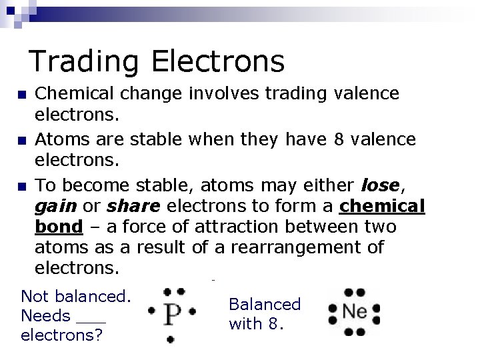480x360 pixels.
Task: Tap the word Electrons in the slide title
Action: pos(218,61)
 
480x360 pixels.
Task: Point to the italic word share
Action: pos(132,206)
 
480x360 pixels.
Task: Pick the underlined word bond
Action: pos(59,227)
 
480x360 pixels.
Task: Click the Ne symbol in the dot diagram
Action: pos(353,311)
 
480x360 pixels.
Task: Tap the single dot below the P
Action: pos(170,339)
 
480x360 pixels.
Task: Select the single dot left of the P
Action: pos(151,311)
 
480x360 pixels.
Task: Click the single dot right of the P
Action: pos(192,311)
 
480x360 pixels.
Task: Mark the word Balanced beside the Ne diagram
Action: pos(265,305)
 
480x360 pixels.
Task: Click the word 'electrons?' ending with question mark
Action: pos(61,335)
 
